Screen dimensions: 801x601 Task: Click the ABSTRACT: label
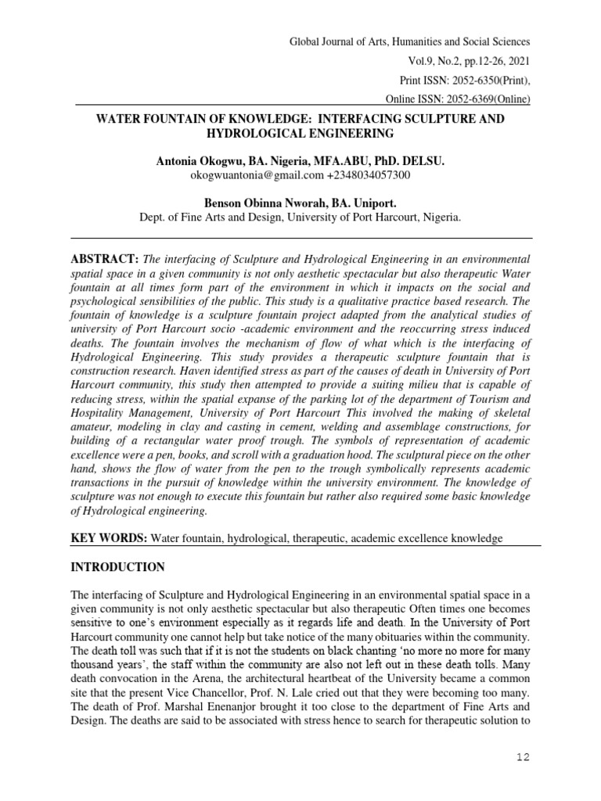tap(104, 259)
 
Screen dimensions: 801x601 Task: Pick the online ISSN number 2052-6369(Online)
tap(481, 99)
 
